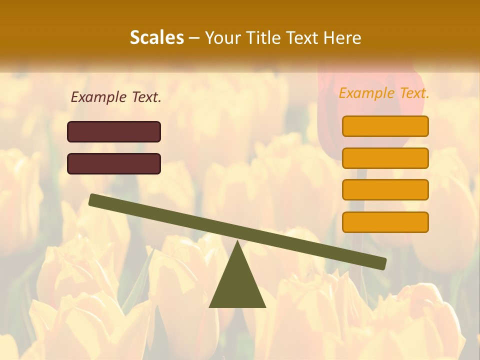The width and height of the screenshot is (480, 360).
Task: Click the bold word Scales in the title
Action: (156, 37)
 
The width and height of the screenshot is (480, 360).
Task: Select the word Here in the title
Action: (342, 37)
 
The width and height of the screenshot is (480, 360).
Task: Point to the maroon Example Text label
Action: (116, 97)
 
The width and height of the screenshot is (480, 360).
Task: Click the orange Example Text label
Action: (384, 93)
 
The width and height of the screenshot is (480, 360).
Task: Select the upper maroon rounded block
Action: (114, 131)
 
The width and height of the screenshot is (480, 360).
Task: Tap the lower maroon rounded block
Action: (114, 163)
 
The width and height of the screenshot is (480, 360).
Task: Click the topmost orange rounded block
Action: (385, 126)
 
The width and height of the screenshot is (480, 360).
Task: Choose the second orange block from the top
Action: (385, 158)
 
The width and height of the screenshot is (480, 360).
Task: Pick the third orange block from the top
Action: (385, 190)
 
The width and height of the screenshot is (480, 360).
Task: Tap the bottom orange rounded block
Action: (385, 222)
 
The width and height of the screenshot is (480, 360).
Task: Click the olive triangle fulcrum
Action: (237, 285)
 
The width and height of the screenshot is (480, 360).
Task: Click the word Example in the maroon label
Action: (99, 97)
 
